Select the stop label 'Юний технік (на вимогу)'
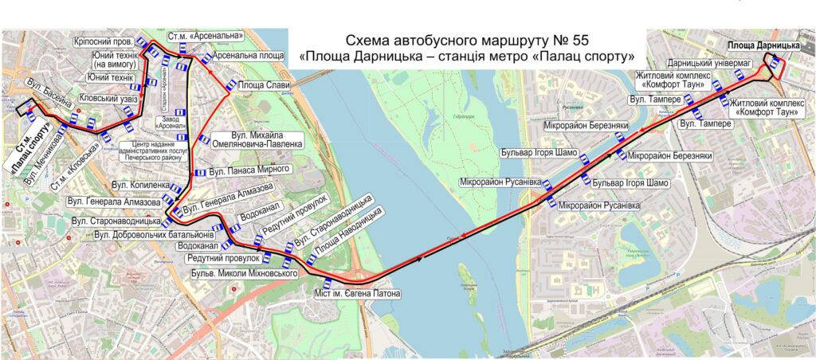pos(116,59)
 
